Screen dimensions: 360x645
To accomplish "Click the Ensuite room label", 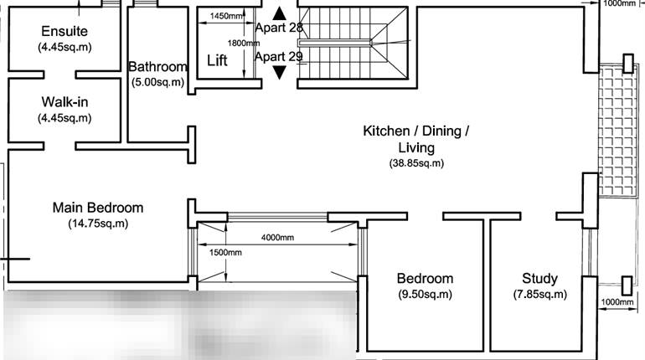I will [x=64, y=32].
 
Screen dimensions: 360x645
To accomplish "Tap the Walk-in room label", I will [x=64, y=102].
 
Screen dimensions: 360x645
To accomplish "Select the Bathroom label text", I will [x=157, y=67].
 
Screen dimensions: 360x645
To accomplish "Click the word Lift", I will [x=217, y=61].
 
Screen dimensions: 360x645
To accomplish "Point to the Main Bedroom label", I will [x=97, y=208].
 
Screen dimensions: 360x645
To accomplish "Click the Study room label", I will [x=539, y=279].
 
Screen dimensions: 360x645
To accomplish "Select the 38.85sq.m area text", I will [x=416, y=163].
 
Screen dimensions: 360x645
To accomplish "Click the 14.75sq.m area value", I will [x=97, y=224].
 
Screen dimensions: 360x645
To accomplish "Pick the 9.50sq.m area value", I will [x=425, y=295].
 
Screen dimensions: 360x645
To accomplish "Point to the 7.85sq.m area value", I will [x=539, y=295].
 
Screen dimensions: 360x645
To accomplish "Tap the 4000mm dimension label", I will [x=277, y=237].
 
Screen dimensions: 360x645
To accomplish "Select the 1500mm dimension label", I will [x=225, y=252].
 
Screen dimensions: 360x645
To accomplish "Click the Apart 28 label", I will [x=278, y=28].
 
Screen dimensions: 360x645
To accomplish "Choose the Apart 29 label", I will [x=278, y=57].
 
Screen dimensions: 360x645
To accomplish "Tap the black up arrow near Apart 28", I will [x=279, y=13].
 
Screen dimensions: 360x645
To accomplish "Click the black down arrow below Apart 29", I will [x=279, y=72].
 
